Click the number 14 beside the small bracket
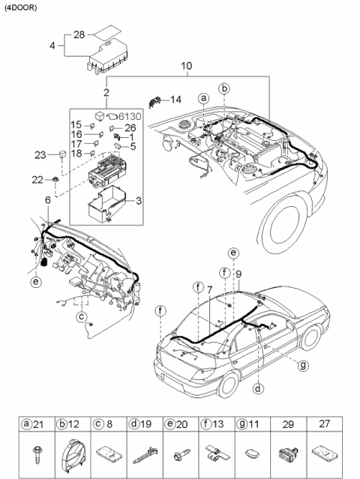coord(175,99)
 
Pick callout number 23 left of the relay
coord(40,155)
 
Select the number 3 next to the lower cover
coord(138,201)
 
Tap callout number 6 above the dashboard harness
coord(47,201)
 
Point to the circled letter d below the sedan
coord(257,388)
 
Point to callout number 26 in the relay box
coord(129,127)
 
